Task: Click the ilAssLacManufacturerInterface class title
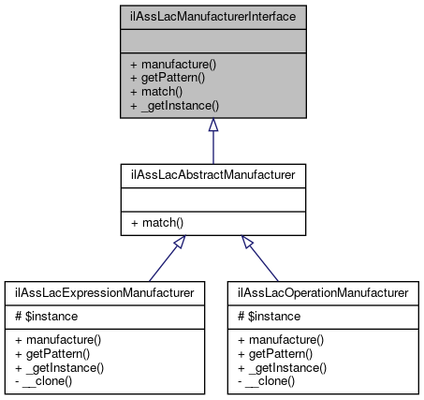click(x=212, y=16)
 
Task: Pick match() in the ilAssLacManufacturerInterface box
click(x=156, y=92)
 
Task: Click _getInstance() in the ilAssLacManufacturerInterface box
click(x=171, y=106)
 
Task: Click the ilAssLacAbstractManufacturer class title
click(x=212, y=175)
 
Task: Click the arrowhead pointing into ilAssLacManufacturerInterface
click(x=212, y=125)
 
